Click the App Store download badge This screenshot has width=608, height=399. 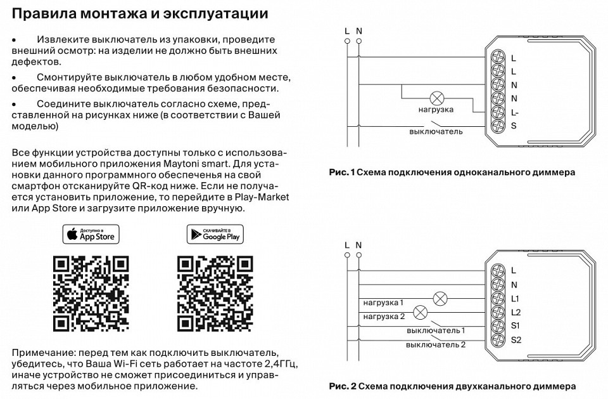(x=91, y=234)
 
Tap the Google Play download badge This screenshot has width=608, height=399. (x=215, y=234)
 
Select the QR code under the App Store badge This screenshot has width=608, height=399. (x=91, y=294)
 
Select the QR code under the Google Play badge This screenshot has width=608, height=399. (x=215, y=294)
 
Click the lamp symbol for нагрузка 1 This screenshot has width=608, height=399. (x=440, y=298)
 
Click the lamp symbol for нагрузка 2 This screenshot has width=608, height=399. (x=419, y=312)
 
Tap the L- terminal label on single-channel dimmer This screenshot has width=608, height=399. (x=515, y=112)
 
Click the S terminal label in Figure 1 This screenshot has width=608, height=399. (x=514, y=126)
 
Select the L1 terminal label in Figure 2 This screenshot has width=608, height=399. (x=515, y=298)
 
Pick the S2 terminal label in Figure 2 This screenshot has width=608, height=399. (x=516, y=340)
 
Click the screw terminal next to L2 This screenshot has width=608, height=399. (x=498, y=312)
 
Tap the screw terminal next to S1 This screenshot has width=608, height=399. (x=498, y=326)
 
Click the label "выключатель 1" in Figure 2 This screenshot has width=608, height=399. (x=436, y=330)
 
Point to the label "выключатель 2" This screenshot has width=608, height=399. (x=436, y=344)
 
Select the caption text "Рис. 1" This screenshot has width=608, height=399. (x=342, y=172)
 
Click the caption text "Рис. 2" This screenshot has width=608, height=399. (x=343, y=386)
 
